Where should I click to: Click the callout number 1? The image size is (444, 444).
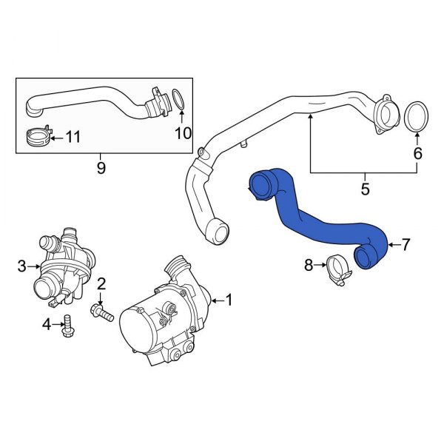229,300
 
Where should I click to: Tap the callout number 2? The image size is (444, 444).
102,282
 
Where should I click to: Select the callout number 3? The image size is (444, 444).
22,265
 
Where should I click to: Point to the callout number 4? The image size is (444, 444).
46,323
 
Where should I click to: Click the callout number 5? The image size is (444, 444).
365,189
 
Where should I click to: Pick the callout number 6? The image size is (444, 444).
417,153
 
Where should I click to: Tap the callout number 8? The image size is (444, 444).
309,263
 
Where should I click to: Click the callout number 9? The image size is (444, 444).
101,168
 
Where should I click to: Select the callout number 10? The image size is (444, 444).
182,132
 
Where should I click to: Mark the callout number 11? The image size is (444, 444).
73,136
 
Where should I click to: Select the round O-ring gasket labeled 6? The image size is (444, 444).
417,117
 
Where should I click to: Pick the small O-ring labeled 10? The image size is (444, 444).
178,99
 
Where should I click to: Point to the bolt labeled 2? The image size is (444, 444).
102,313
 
